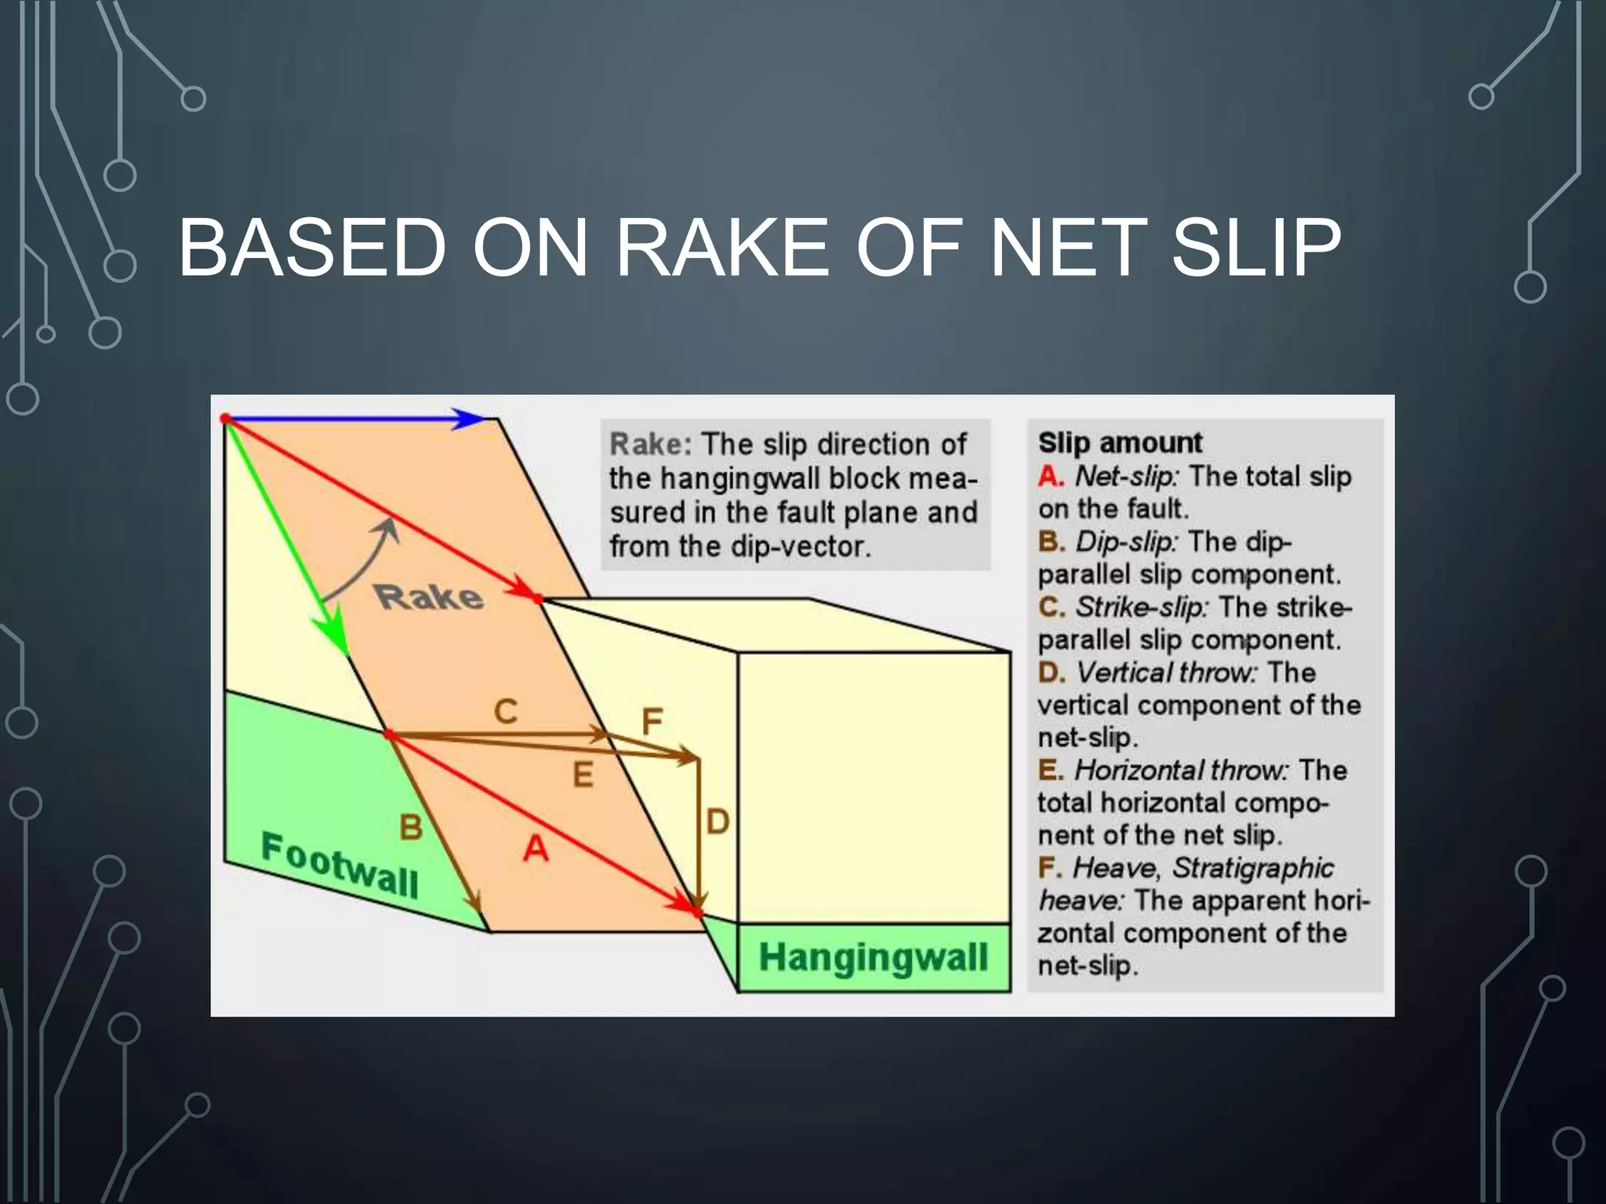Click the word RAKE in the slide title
(x=721, y=248)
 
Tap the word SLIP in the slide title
(x=1255, y=248)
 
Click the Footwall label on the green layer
(x=340, y=865)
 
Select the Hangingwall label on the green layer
(x=873, y=957)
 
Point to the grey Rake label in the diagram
(x=428, y=597)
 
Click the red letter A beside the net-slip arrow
(x=536, y=848)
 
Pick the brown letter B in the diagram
(x=411, y=827)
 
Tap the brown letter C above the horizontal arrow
(x=506, y=712)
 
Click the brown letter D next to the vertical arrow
(x=718, y=822)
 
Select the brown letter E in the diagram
(x=583, y=775)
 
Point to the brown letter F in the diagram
(x=652, y=721)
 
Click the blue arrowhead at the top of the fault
(x=471, y=419)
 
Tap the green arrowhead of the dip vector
(x=333, y=635)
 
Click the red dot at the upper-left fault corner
(x=226, y=419)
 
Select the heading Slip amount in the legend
(x=1119, y=443)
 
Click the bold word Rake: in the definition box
(x=650, y=444)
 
